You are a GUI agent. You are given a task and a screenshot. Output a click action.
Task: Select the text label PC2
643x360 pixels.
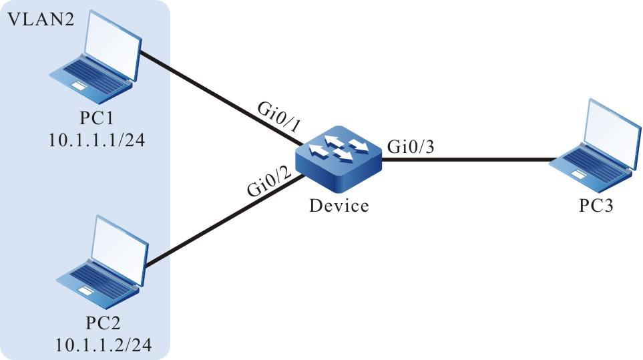tap(103, 325)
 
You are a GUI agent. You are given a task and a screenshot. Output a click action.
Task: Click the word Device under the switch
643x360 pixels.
tap(339, 205)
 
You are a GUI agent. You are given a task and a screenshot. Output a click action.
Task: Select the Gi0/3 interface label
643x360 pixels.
tap(409, 147)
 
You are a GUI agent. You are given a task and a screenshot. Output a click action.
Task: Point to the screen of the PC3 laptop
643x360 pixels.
tap(609, 130)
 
